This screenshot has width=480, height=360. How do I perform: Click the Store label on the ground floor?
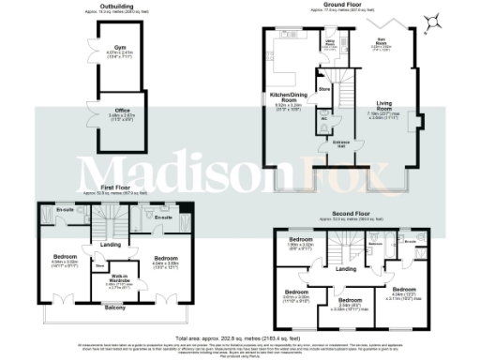[x=325, y=89]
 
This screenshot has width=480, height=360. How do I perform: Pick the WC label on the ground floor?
[x=323, y=118]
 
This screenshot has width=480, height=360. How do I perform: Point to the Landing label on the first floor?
[x=111, y=247]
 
